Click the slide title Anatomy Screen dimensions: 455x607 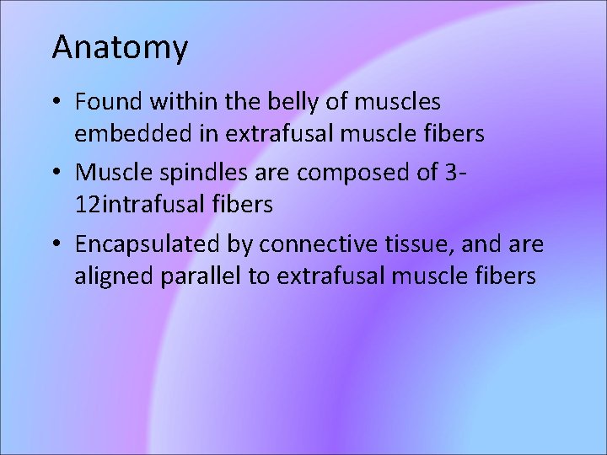pyautogui.click(x=120, y=48)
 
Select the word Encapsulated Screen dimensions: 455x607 pyautogui.click(x=147, y=245)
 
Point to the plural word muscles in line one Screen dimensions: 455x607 pyautogui.click(x=398, y=102)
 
